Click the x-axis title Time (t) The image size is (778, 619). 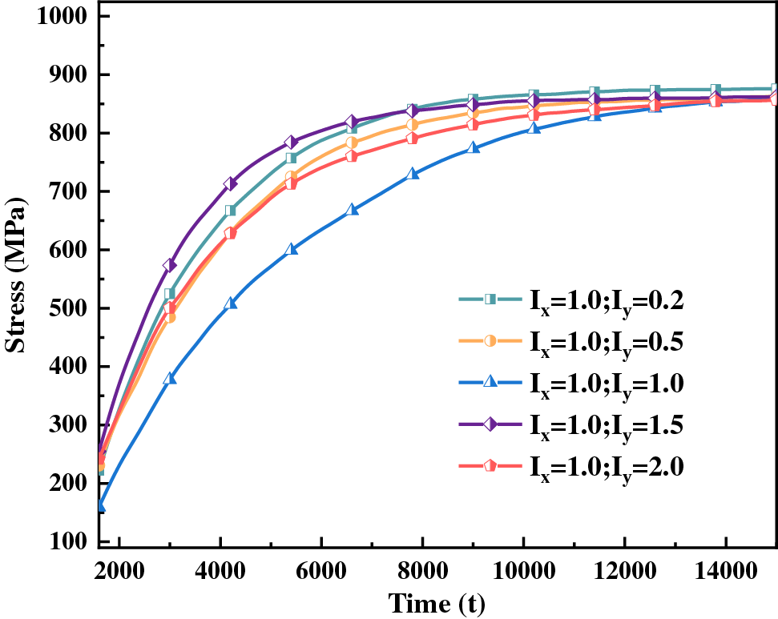point(436,601)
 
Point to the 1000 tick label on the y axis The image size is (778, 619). point(60,17)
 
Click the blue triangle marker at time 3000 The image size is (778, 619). point(169,378)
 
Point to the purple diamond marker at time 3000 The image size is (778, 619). point(169,265)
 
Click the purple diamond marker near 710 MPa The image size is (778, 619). point(231,184)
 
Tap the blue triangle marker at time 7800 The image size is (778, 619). point(413,173)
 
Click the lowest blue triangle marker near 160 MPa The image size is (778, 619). point(101,505)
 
